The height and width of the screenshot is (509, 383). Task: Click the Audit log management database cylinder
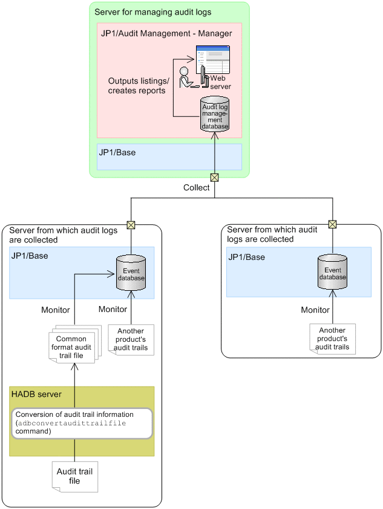[x=215, y=115]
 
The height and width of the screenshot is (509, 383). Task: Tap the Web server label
[x=220, y=82]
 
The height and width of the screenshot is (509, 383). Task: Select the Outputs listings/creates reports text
[x=139, y=85]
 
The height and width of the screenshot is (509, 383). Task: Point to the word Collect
[x=197, y=188]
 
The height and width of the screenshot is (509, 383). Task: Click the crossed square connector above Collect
[x=214, y=178]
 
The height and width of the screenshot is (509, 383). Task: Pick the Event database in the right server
[x=332, y=273]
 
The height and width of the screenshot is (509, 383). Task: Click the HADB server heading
[x=36, y=394]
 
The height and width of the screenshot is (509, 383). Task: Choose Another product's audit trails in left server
[x=131, y=339]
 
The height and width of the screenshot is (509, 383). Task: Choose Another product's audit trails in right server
[x=332, y=339]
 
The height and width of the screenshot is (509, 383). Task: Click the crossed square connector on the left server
[x=130, y=225]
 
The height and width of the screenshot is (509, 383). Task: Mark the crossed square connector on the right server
[x=332, y=224]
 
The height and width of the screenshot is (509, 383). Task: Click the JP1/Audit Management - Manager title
[x=166, y=33]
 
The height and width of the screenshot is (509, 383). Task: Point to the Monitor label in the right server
[x=316, y=310]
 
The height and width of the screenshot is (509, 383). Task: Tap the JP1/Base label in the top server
[x=117, y=153]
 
